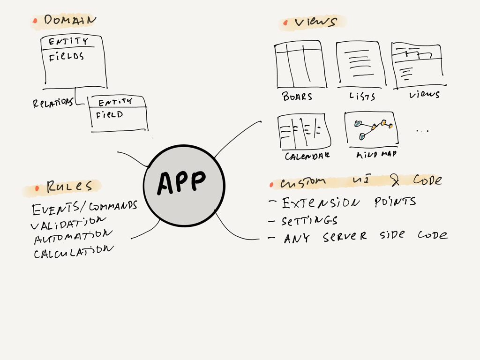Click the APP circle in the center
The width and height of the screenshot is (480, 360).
tap(184, 185)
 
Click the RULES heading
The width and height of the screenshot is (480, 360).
tap(69, 187)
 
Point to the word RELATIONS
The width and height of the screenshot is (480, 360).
tap(52, 103)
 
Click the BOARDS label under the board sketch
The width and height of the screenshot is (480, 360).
tap(297, 97)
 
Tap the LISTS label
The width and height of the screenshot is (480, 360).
tap(362, 97)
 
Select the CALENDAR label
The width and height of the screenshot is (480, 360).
tap(307, 156)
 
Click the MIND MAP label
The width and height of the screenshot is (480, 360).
tap(376, 154)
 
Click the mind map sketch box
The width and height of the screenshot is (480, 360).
tap(371, 128)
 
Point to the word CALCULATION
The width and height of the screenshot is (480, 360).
tap(73, 252)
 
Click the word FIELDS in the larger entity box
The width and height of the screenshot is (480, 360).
tap(67, 57)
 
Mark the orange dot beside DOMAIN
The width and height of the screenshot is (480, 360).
tap(36, 20)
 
